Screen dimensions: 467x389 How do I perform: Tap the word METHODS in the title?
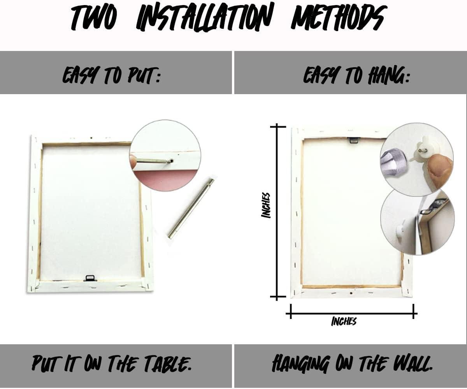point(339,18)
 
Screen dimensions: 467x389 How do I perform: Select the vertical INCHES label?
point(266,205)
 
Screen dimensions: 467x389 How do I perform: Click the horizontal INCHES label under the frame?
point(344,321)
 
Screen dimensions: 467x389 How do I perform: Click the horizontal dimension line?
point(352,314)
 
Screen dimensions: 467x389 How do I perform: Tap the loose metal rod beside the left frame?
point(191,208)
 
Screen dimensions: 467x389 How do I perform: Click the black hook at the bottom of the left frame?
point(90,279)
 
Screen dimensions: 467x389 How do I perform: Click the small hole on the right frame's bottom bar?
point(351,293)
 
